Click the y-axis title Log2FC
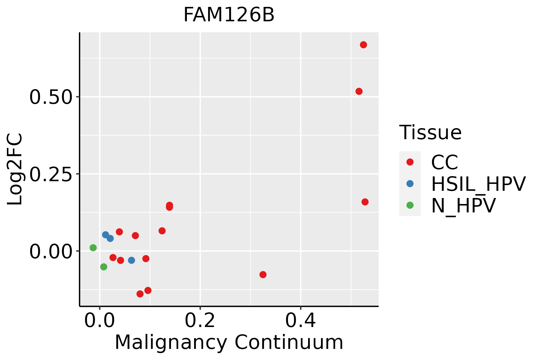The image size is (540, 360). pos(15,169)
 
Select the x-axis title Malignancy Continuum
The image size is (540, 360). pos(229,342)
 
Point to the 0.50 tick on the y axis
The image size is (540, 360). pos(51,97)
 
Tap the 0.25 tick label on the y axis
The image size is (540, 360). pos(51,174)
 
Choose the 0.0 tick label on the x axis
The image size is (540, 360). pos(100,321)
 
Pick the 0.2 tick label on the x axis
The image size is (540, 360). pos(200,321)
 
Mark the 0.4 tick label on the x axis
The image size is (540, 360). pos(300,321)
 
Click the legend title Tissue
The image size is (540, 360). pos(430,132)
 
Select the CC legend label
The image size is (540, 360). pos(444,162)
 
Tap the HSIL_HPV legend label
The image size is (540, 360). pos(478,184)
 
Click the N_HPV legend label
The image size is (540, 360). pos(463,205)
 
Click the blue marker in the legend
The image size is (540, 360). pos(410,184)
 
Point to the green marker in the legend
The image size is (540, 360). pos(410,205)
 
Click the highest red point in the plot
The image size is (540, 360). pos(363,45)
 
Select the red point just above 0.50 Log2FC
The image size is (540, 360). pos(359,91)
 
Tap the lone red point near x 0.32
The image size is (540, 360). pos(263,274)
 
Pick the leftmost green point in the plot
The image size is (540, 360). pos(93,247)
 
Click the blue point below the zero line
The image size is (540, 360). pos(131,260)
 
